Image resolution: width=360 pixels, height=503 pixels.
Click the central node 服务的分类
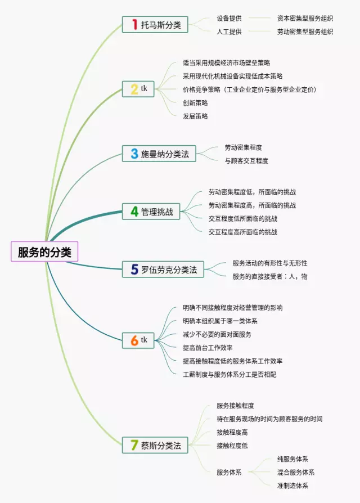pyautogui.click(x=44, y=251)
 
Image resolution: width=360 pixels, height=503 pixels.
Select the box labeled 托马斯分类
pyautogui.click(x=155, y=25)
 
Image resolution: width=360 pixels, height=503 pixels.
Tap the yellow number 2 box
pyautogui.click(x=138, y=89)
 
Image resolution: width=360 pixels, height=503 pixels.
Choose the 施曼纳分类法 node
pyautogui.click(x=159, y=154)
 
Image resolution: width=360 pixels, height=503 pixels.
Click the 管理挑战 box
pyautogui.click(x=151, y=212)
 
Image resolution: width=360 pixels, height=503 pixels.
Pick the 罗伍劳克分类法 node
pyautogui.click(x=163, y=269)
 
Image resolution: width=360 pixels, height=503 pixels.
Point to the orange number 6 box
pyautogui.click(x=138, y=340)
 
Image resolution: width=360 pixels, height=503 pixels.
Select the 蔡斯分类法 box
pyautogui.click(x=155, y=445)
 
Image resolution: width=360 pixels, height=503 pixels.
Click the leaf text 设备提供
pyautogui.click(x=229, y=18)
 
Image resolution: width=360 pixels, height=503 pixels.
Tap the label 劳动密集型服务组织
pyautogui.click(x=305, y=32)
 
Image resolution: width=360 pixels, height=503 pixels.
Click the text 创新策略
pyautogui.click(x=195, y=102)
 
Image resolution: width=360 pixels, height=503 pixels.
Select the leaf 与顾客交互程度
pyautogui.click(x=246, y=160)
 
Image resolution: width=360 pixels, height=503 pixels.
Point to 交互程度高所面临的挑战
pyautogui.click(x=242, y=232)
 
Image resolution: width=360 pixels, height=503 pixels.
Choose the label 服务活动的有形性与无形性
pyautogui.click(x=270, y=263)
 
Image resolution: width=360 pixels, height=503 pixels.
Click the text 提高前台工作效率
pyautogui.click(x=208, y=347)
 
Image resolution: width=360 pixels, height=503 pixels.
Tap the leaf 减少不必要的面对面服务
pyautogui.click(x=217, y=334)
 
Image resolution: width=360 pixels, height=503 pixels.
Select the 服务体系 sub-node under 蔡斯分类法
pyautogui.click(x=229, y=472)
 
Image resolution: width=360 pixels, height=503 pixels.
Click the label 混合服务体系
pyautogui.click(x=295, y=472)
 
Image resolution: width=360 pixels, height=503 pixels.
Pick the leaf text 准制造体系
pyautogui.click(x=292, y=486)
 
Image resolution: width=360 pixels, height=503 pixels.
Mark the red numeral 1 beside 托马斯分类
pyautogui.click(x=134, y=24)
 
